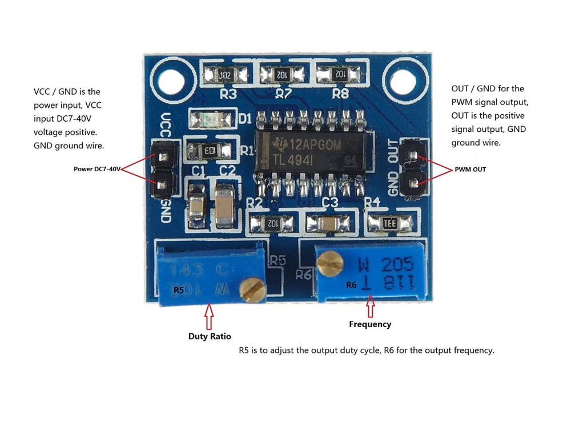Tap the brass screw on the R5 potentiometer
point(252,289)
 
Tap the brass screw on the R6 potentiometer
point(329,261)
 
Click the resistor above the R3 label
point(226,74)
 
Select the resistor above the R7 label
point(282,74)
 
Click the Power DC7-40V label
point(97,169)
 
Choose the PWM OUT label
point(471,170)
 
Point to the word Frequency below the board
point(370,324)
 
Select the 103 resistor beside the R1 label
point(209,151)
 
